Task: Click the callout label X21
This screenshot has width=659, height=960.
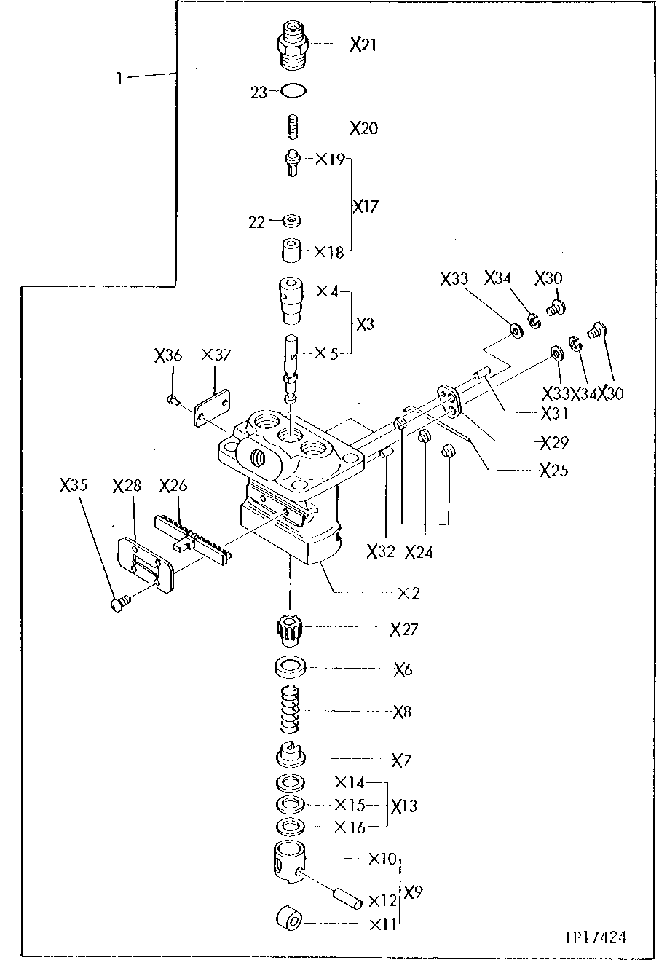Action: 363,45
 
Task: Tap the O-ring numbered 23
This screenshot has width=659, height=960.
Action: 294,92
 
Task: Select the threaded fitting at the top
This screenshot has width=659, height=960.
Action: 293,45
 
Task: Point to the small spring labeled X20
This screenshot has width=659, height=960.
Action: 292,127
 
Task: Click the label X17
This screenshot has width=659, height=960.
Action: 366,208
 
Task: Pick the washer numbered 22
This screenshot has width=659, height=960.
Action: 293,220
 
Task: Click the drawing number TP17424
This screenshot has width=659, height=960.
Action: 596,935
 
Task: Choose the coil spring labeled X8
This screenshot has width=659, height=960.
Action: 291,711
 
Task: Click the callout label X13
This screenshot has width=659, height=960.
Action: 404,806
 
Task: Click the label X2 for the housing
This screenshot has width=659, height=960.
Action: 409,594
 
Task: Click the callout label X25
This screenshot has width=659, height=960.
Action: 553,471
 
